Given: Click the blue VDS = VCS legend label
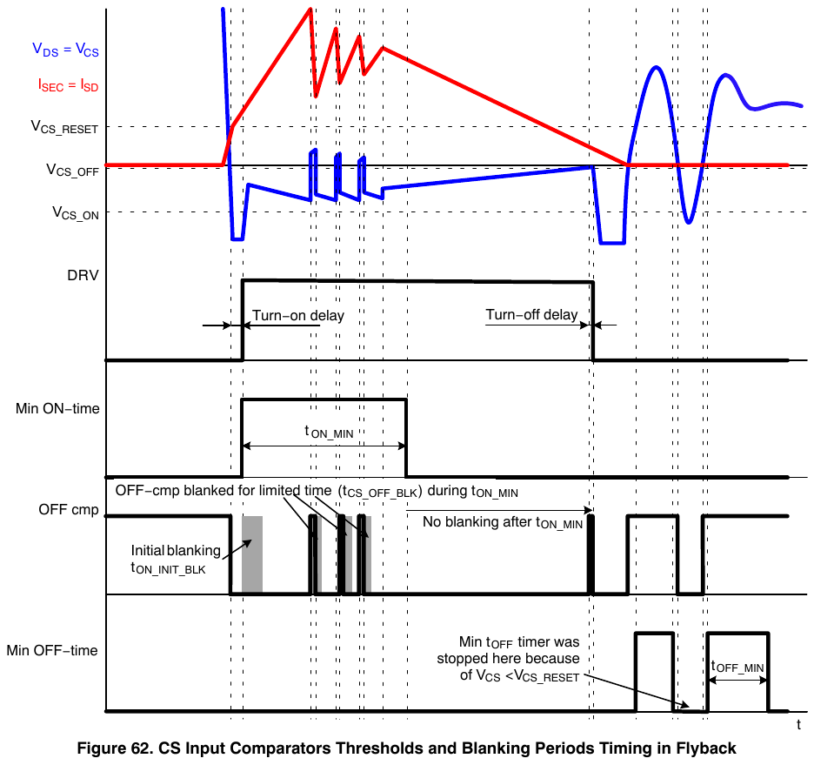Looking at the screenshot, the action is click(65, 50).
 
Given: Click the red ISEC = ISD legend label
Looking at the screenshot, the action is click(68, 85).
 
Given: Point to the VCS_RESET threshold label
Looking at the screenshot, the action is click(64, 127).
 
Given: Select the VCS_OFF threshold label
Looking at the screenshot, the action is click(72, 170).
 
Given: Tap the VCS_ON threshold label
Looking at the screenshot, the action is click(76, 213).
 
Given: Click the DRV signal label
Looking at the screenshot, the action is click(83, 275).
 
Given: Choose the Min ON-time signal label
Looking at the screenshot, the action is click(57, 409).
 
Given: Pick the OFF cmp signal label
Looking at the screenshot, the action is click(69, 510).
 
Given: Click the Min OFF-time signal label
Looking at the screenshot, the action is click(52, 651).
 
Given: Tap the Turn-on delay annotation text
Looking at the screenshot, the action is click(298, 316).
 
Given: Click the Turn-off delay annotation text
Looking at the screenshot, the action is click(531, 315).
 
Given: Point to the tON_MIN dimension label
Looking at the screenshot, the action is click(329, 432).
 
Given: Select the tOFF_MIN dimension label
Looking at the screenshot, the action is click(737, 667).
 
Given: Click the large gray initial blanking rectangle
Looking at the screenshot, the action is click(252, 554).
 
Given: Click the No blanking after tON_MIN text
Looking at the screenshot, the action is click(503, 522).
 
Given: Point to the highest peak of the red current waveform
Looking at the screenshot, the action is click(310, 9).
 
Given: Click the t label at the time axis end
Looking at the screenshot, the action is click(798, 725).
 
